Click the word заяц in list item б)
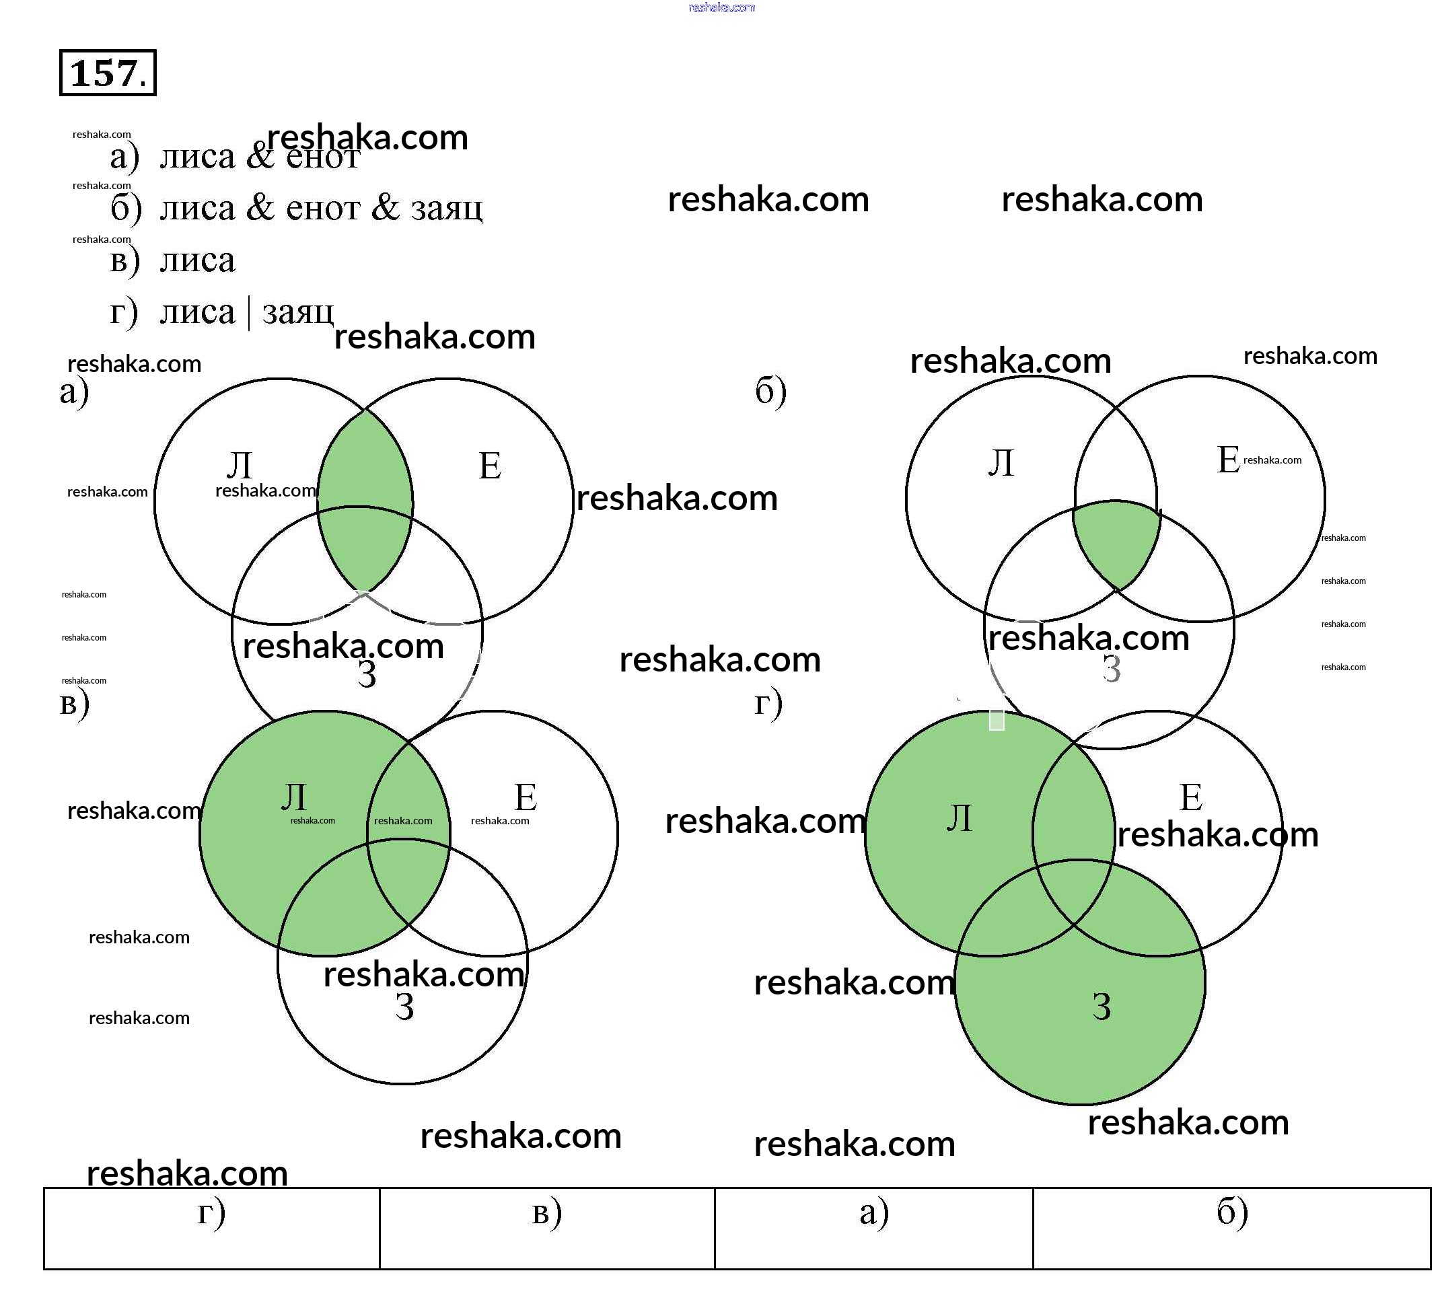point(446,208)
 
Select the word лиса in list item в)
point(197,260)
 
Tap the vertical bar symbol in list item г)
point(248,314)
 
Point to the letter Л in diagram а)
point(240,466)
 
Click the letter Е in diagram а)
point(490,466)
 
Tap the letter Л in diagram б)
point(1001,463)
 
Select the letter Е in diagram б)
point(1228,460)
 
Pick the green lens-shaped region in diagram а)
point(365,501)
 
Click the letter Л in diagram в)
point(294,797)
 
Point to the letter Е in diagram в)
point(526,797)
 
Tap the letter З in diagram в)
point(405,1007)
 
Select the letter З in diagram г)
point(1102,1007)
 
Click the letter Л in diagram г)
point(959,818)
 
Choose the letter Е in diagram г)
point(1191,797)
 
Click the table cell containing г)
point(212,1228)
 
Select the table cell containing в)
point(547,1228)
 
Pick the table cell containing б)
point(1231,1228)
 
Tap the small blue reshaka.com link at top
point(721,8)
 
